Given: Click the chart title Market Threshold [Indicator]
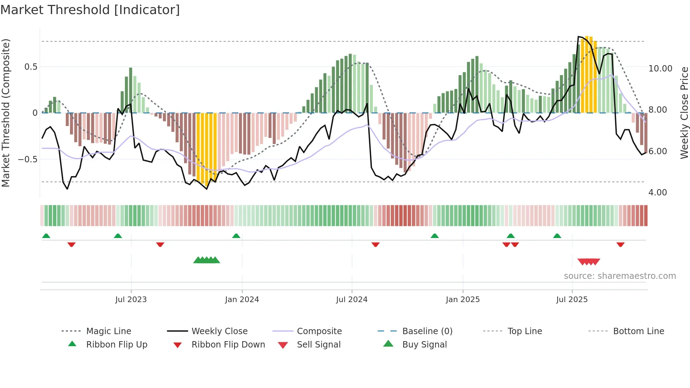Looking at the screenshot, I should click(x=90, y=10).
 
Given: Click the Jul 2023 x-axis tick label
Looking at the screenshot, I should click(x=131, y=300).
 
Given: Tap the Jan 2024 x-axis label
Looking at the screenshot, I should click(x=242, y=300).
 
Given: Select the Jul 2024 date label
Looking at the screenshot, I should click(x=352, y=300).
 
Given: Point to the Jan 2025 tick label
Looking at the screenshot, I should click(x=463, y=300).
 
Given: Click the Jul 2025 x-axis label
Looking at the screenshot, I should click(x=572, y=300).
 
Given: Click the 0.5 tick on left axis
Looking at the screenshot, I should click(x=31, y=67).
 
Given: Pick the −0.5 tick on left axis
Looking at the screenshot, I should click(x=28, y=159).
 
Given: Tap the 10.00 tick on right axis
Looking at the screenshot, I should click(x=660, y=69).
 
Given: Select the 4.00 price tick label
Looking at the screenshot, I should click(x=657, y=193).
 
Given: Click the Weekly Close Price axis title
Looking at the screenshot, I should click(x=684, y=113).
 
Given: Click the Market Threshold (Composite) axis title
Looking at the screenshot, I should click(x=6, y=113).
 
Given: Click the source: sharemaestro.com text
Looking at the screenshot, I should click(x=620, y=276).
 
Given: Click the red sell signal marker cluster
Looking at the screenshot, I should click(x=589, y=262).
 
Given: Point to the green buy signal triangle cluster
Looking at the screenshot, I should click(x=207, y=260).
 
